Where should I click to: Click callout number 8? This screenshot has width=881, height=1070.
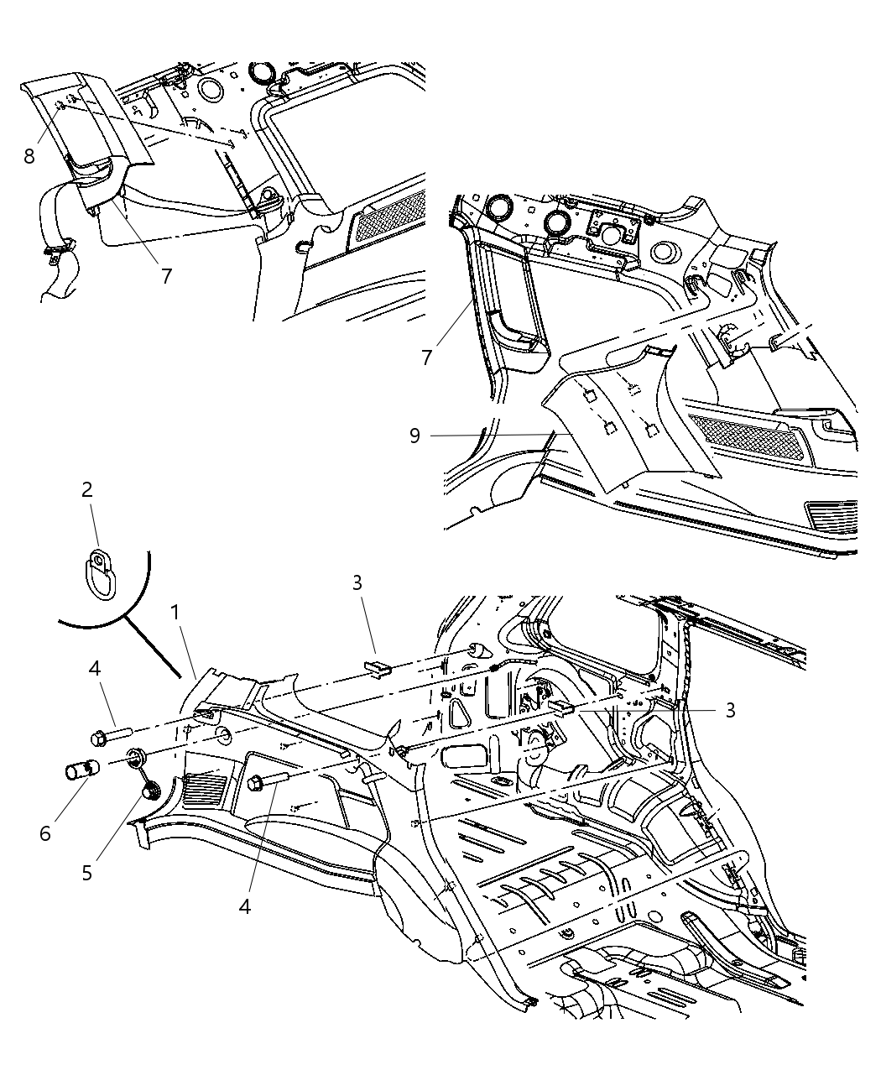(29, 156)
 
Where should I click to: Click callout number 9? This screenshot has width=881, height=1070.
(414, 436)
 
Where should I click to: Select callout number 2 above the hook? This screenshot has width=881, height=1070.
(86, 489)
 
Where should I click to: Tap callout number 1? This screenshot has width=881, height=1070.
(175, 613)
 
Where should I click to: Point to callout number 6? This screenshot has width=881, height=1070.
(44, 833)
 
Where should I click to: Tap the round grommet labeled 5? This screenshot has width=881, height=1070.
(152, 791)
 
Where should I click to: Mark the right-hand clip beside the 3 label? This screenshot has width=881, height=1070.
(563, 708)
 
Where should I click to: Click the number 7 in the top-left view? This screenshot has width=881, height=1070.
(167, 275)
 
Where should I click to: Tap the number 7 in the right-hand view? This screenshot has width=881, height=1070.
(427, 358)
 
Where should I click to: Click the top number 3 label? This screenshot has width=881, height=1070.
(357, 582)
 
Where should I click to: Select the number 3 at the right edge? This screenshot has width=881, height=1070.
(730, 710)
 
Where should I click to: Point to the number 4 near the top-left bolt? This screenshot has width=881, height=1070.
(95, 669)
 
